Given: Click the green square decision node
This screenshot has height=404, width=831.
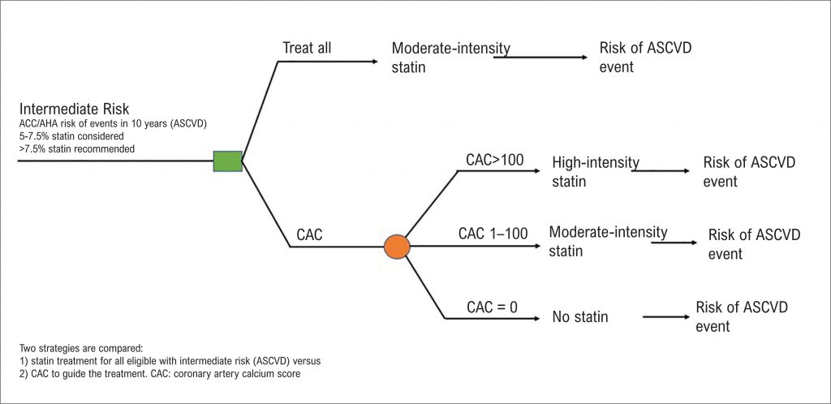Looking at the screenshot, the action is click(x=228, y=161).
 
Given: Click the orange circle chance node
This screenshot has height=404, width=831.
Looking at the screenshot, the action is click(x=397, y=246).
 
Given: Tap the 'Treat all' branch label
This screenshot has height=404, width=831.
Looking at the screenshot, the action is click(x=307, y=48).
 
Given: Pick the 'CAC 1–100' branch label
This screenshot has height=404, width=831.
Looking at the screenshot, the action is click(x=493, y=233).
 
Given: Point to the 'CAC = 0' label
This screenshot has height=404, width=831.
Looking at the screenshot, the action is click(x=492, y=307).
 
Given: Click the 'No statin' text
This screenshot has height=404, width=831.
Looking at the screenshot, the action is click(x=579, y=317).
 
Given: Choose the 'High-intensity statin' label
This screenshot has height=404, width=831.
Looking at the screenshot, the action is click(x=595, y=171).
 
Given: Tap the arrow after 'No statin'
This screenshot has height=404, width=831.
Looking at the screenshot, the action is click(x=666, y=317).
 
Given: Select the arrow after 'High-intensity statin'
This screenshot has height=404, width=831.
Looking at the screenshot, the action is click(x=661, y=170).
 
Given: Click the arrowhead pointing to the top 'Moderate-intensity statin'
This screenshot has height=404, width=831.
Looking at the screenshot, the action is click(x=375, y=62).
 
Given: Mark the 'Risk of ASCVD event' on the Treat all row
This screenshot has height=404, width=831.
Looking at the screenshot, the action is click(x=645, y=57).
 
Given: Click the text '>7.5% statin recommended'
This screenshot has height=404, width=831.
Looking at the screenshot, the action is click(x=76, y=148).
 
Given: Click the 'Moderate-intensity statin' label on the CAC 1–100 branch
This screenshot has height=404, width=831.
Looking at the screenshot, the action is click(x=608, y=241).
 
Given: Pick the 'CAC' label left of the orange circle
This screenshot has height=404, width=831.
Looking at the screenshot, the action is click(x=309, y=235).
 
